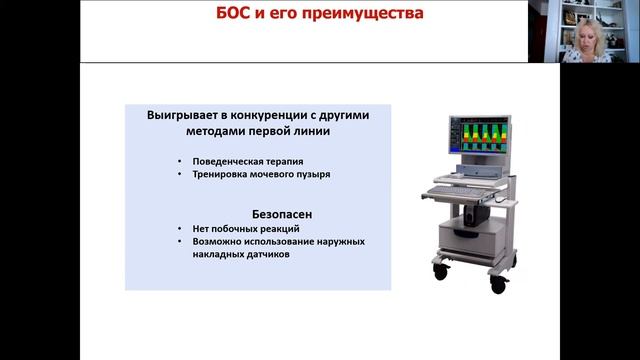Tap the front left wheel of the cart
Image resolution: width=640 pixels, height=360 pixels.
(440, 268)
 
